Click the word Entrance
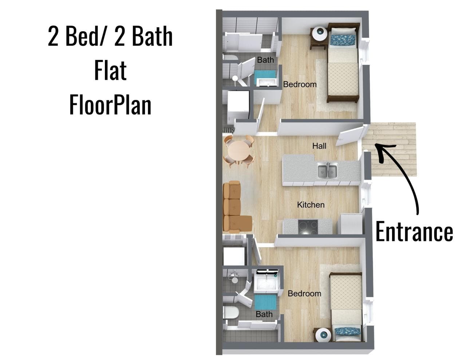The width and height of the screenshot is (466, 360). pos(414,232)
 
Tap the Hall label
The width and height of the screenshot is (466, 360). pos(319,146)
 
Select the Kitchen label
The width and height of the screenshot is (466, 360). pos(311,205)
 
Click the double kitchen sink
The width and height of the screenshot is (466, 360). pos(327,170)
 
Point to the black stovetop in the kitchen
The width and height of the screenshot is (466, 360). pos(308,227)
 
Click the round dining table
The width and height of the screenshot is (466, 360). pos(239,150)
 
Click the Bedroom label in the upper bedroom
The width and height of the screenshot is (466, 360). pos(300,84)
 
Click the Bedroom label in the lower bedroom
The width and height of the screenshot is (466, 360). pos(304,293)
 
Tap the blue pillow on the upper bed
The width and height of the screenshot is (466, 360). pos(342,40)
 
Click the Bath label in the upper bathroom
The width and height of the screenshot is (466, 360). pos(265,60)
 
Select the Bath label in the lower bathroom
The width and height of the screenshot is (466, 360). pos(264,314)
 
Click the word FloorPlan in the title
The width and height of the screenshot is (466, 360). pos(110,105)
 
